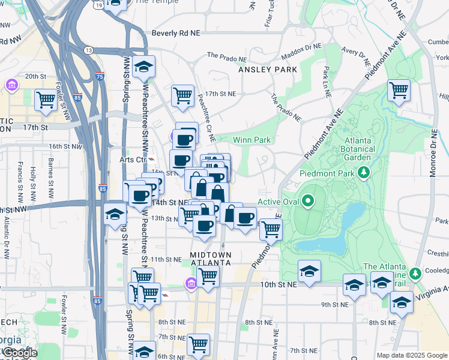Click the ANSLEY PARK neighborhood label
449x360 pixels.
(x=268, y=70)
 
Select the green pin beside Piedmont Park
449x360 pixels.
(x=363, y=173)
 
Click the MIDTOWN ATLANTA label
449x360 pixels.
(x=211, y=259)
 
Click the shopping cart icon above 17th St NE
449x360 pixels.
(x=182, y=95)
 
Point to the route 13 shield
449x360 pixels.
(x=89, y=50)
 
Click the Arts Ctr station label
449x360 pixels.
(x=133, y=160)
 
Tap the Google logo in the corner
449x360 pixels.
(x=19, y=353)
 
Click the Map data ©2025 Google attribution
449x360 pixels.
(x=411, y=355)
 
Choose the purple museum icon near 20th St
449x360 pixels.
(x=11, y=85)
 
